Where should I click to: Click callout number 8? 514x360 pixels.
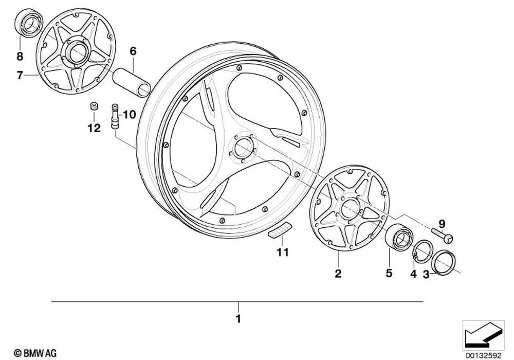[20, 56]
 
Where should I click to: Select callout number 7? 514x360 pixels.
[20, 76]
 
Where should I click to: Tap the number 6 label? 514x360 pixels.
[133, 51]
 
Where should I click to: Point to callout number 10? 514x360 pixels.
[128, 114]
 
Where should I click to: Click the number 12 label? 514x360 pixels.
[94, 129]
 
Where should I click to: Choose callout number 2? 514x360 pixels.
[338, 274]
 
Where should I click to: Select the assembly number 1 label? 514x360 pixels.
[237, 319]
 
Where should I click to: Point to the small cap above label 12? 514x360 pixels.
[94, 106]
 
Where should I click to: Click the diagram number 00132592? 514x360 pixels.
[486, 353]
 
